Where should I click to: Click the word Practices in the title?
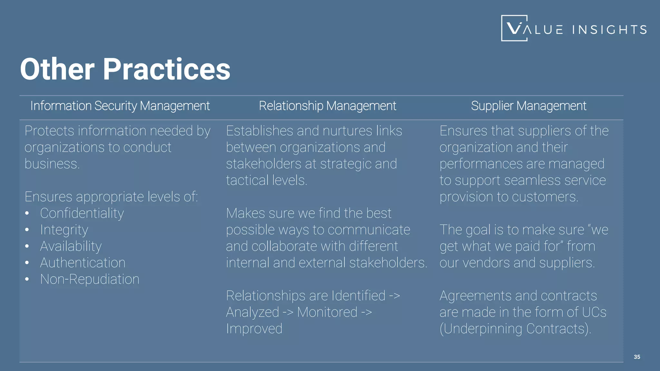(x=166, y=69)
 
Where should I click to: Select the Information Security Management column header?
(x=120, y=106)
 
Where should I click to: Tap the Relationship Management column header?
(x=327, y=106)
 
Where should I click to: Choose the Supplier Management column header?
(x=529, y=106)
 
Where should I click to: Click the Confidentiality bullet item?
(x=82, y=213)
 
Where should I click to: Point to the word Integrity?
(x=64, y=230)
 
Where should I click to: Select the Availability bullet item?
(x=71, y=246)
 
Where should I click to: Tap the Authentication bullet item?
(x=83, y=263)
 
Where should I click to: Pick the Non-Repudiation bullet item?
(x=90, y=279)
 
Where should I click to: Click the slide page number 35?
(x=637, y=357)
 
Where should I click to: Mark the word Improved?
(x=254, y=329)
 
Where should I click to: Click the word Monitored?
(x=327, y=312)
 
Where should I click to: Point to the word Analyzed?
(x=252, y=312)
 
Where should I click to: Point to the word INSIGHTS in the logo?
(x=609, y=30)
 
